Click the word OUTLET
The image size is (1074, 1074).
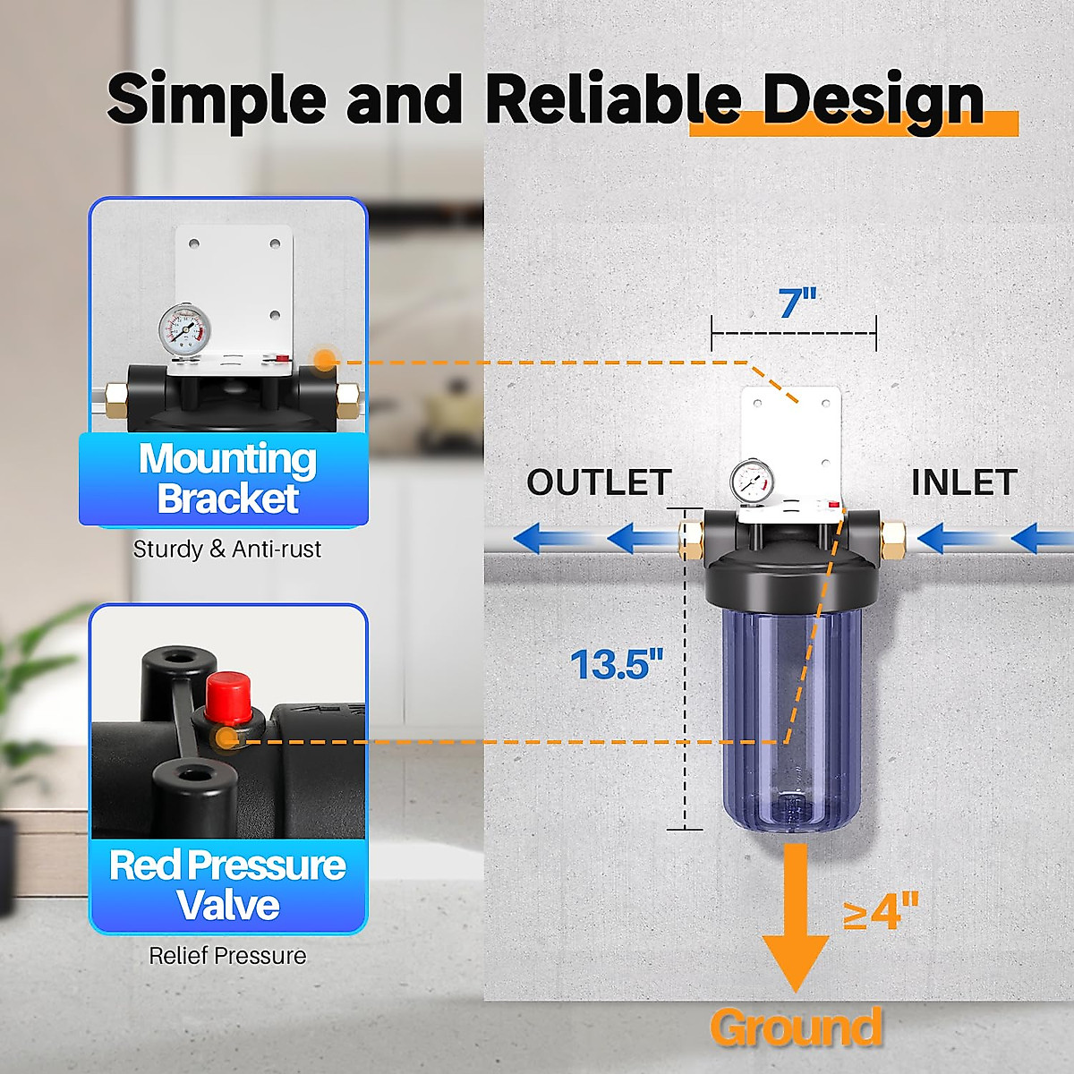coord(599,482)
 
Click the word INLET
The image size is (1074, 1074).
coord(964,482)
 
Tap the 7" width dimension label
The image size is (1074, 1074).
coord(797,303)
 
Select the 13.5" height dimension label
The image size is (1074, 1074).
coord(617,664)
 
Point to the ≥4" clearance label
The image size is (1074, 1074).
coord(881,912)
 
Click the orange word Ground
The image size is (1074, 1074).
coord(796,1027)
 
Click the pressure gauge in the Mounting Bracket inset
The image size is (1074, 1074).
coord(185,329)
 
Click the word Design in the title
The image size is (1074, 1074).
coord(873,99)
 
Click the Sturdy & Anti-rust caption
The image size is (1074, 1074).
coord(227,549)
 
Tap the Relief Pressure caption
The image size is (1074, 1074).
coord(227,956)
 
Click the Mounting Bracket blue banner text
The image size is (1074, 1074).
coord(227,479)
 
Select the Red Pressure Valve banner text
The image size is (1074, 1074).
coord(227,885)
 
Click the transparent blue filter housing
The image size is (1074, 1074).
coord(792,716)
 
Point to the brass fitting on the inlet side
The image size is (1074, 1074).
coord(892,538)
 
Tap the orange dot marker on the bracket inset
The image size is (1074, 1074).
coord(325,361)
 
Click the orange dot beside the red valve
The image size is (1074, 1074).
coord(226,738)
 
